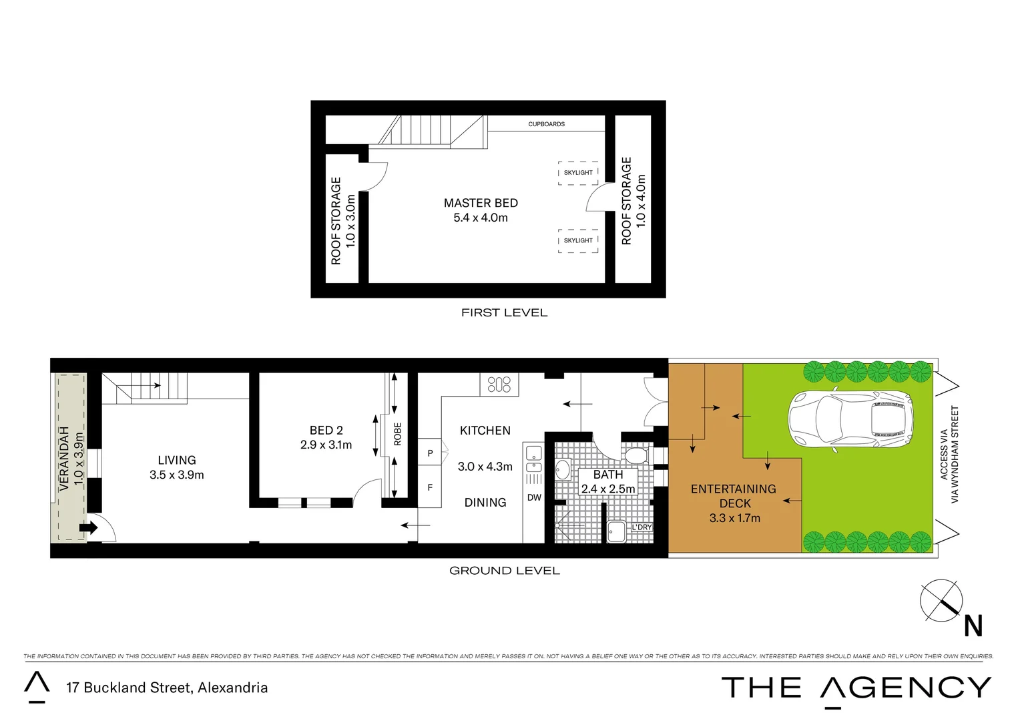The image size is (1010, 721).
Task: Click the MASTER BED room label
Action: pyautogui.click(x=481, y=203)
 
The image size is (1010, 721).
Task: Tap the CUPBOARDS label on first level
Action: pyautogui.click(x=546, y=124)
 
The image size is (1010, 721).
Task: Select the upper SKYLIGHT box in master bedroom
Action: pyautogui.click(x=578, y=172)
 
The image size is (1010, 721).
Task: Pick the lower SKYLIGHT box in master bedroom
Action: pyautogui.click(x=578, y=240)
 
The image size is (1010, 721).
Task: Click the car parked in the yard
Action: pyautogui.click(x=850, y=421)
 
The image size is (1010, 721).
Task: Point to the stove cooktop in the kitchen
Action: pyautogui.click(x=499, y=384)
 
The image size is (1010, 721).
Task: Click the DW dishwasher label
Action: pyautogui.click(x=534, y=497)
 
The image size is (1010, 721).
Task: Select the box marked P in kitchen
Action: pyautogui.click(x=430, y=453)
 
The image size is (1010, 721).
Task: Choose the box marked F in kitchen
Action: pyautogui.click(x=430, y=488)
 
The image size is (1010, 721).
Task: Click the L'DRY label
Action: pyautogui.click(x=641, y=527)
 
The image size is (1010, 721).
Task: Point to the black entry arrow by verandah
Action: pyautogui.click(x=88, y=528)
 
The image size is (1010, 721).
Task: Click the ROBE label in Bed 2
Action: pyautogui.click(x=398, y=434)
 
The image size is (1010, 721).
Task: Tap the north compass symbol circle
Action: pyautogui.click(x=941, y=601)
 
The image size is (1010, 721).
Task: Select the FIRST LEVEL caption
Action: pyautogui.click(x=504, y=312)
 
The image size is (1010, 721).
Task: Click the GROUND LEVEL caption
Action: pyautogui.click(x=504, y=571)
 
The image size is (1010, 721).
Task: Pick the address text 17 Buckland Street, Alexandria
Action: pyautogui.click(x=167, y=688)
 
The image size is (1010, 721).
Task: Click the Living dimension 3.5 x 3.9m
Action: pyautogui.click(x=177, y=475)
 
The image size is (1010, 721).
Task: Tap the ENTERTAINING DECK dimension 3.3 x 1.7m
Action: pyautogui.click(x=734, y=518)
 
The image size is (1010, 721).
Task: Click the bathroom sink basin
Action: pyautogui.click(x=563, y=470)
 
